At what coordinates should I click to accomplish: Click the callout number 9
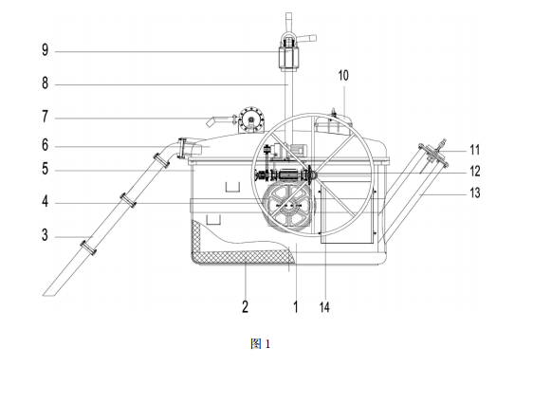coord(45,50)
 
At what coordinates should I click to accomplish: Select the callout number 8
coord(45,83)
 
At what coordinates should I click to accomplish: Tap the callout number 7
coord(45,117)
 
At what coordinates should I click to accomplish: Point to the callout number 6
coord(45,145)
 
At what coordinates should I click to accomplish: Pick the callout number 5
coord(45,169)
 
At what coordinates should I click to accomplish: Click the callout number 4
coord(45,202)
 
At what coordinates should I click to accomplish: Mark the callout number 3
coord(45,235)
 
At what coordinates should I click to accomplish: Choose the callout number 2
coord(246,306)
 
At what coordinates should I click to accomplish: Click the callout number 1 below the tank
coord(296,306)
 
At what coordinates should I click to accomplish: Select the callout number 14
coord(324,307)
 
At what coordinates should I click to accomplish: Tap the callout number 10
coord(343,76)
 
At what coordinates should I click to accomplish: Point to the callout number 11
coord(475,150)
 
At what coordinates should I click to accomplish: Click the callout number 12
coord(475,172)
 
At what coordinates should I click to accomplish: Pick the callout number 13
coord(475,192)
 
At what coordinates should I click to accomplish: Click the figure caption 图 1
coord(261,344)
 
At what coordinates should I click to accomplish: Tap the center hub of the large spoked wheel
coord(312,174)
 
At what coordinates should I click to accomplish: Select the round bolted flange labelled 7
coord(251,119)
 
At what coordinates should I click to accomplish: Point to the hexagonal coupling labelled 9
coord(289,56)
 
